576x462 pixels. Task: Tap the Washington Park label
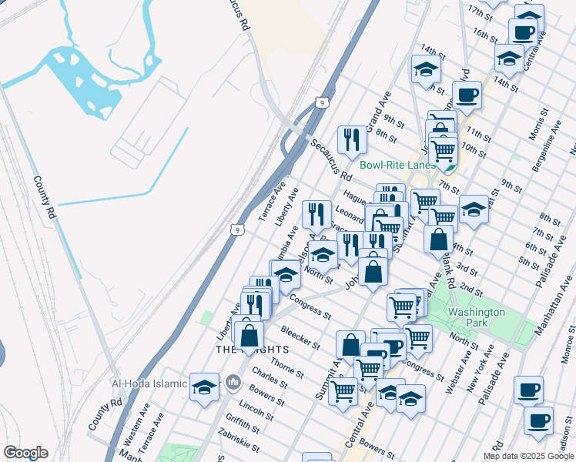(x=477, y=317)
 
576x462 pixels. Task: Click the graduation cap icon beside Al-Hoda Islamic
(x=205, y=386)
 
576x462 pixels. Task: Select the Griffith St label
(x=243, y=423)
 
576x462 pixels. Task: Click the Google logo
(x=25, y=453)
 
